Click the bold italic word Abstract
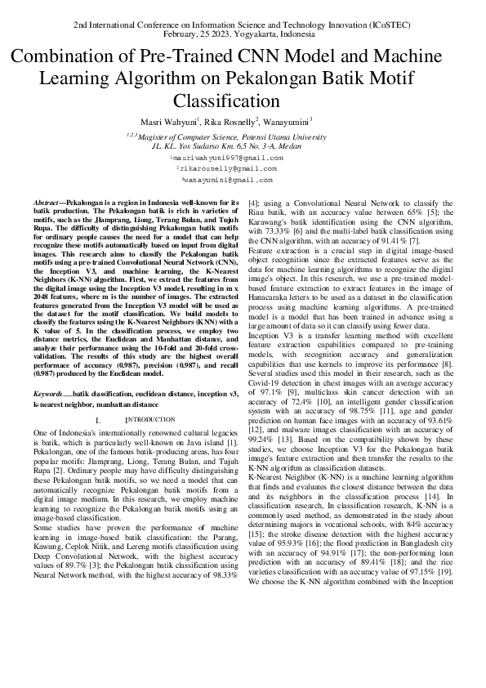coord(47,202)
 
